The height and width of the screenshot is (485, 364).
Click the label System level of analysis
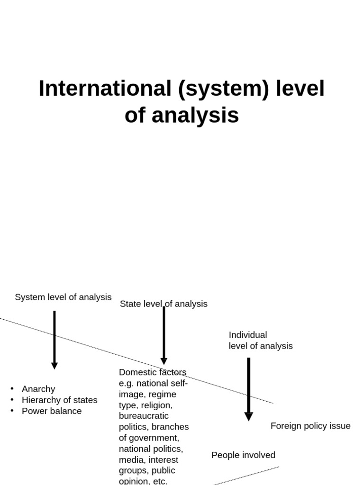tap(63, 297)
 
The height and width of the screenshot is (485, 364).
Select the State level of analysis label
tap(164, 304)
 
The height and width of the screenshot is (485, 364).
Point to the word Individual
tap(248, 335)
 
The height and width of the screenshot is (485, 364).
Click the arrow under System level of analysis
tap(55, 339)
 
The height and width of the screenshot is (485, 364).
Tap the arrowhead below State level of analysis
tap(164, 361)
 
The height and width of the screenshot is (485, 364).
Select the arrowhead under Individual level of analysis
tap(248, 416)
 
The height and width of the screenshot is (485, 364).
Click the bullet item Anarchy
tap(38, 389)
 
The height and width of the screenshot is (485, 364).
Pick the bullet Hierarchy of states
tap(59, 400)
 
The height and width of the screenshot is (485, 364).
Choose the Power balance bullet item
tap(52, 411)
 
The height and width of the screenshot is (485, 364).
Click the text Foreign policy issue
tap(310, 426)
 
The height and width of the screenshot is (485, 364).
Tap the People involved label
tap(243, 455)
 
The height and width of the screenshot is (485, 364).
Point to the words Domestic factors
tap(153, 372)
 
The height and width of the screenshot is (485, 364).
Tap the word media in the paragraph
tap(130, 459)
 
